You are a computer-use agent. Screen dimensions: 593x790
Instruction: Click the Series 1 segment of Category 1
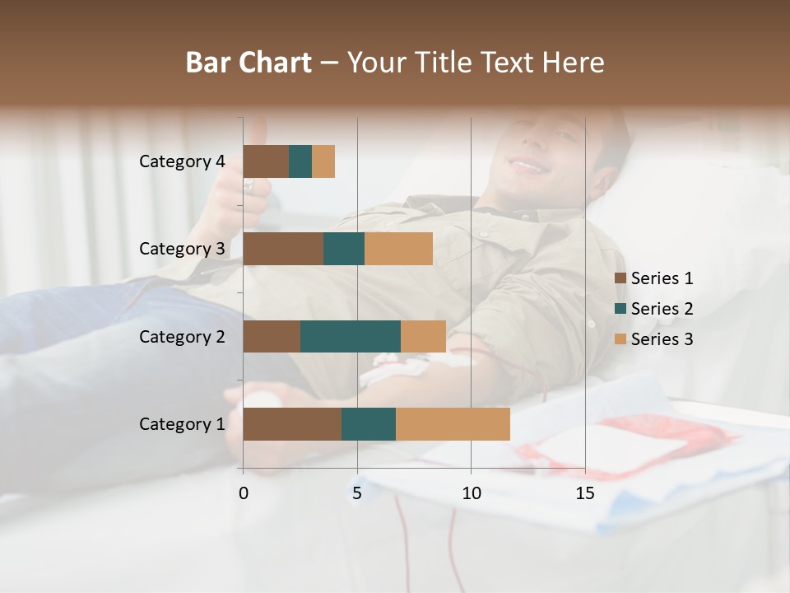pyautogui.click(x=292, y=423)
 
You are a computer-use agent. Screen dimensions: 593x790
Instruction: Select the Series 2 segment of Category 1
pyautogui.click(x=369, y=423)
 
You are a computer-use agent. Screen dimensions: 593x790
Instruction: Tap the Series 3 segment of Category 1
pyautogui.click(x=453, y=423)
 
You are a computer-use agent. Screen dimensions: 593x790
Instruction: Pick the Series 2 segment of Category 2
pyautogui.click(x=351, y=336)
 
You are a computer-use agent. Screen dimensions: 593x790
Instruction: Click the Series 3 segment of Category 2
pyautogui.click(x=423, y=336)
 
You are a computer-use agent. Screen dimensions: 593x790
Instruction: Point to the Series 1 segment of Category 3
pyautogui.click(x=283, y=249)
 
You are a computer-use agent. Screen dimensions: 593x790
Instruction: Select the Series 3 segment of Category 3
pyautogui.click(x=398, y=249)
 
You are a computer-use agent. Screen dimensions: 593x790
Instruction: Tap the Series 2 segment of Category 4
pyautogui.click(x=300, y=161)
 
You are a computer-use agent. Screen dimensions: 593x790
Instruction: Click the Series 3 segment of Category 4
pyautogui.click(x=323, y=161)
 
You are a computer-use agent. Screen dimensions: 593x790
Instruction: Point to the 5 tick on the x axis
pyautogui.click(x=357, y=493)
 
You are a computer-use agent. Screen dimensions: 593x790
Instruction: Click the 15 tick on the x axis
pyautogui.click(x=585, y=493)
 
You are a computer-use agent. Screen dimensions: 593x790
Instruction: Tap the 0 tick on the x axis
pyautogui.click(x=244, y=493)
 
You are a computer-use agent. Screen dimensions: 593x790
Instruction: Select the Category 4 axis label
pyautogui.click(x=182, y=161)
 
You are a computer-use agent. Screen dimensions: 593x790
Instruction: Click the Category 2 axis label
pyautogui.click(x=182, y=336)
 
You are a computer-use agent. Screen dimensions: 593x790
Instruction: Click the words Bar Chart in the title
pyautogui.click(x=249, y=63)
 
